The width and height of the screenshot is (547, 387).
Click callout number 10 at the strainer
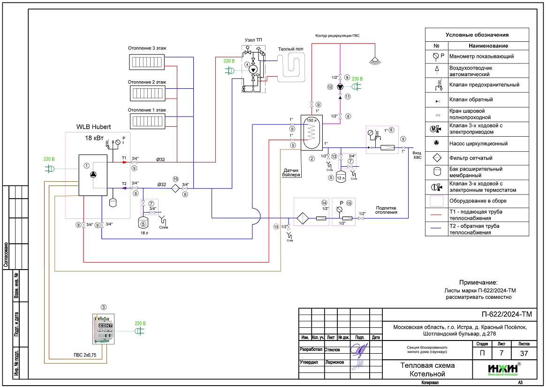coord(175,179)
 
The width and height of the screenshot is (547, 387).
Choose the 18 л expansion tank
coord(144,221)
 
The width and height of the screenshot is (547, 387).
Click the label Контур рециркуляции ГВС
coord(338,36)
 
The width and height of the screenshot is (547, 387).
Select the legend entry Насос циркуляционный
coord(475,143)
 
